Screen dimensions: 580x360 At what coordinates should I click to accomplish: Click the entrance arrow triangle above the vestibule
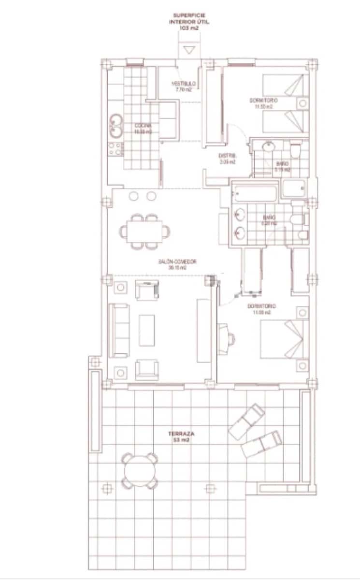tap(189, 49)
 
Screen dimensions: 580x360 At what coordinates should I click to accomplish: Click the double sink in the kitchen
tap(115, 125)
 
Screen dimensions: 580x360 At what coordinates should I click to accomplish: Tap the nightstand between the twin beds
tap(303, 103)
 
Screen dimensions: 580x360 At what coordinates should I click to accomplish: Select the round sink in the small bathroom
tap(269, 147)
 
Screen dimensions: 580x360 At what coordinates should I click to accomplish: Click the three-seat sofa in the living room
tap(119, 330)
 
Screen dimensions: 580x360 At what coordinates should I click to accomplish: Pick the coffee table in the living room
tap(147, 330)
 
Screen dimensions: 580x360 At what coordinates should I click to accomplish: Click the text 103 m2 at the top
tap(190, 29)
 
